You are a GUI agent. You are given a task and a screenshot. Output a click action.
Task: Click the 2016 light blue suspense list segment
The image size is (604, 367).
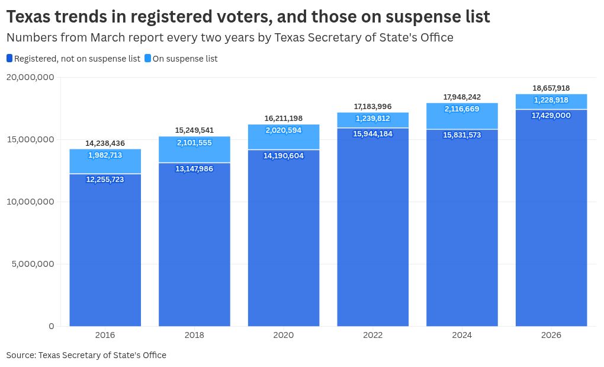[105, 161]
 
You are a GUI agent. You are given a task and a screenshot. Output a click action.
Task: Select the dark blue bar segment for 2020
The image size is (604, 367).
[284, 238]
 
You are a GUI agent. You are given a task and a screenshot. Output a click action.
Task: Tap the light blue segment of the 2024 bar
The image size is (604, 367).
[462, 116]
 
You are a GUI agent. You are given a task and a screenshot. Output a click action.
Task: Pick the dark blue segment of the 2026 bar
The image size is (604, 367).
[551, 218]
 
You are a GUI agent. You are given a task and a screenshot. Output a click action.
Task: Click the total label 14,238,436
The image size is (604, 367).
[105, 143]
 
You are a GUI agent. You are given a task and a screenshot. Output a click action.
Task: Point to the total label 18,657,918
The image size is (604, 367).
[551, 88]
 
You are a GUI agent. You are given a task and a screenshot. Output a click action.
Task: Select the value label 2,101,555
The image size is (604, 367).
[194, 143]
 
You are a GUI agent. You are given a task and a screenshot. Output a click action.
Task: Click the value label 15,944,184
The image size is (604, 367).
[373, 134]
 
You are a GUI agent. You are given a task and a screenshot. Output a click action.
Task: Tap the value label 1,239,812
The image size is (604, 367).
[373, 119]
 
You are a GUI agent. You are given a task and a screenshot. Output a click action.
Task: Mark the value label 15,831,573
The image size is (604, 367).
[462, 135]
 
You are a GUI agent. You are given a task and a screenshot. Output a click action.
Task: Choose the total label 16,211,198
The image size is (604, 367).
[284, 119]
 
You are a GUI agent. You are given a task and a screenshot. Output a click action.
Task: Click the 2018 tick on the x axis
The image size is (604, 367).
[194, 335]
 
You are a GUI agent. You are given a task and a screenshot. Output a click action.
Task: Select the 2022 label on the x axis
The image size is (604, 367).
[373, 335]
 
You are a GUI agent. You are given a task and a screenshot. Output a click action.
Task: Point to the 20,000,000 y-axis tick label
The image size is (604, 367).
[30, 77]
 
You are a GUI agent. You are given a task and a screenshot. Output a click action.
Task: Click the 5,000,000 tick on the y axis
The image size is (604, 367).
[33, 264]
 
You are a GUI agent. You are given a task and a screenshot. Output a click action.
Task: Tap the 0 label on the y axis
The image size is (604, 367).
[52, 326]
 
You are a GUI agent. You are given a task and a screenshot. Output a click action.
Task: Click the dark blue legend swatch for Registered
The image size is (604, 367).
[9, 58]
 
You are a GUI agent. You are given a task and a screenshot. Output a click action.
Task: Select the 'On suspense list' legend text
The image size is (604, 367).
[185, 59]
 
